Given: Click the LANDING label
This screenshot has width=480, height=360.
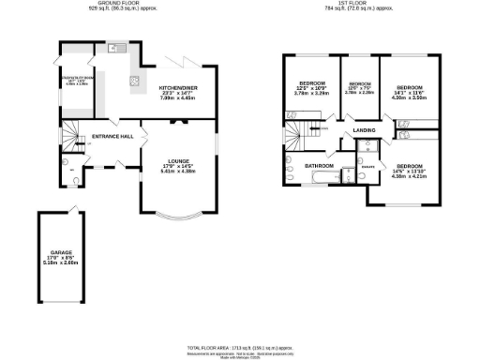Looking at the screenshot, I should [x=366, y=131].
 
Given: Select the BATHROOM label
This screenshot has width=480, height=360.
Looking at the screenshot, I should [x=318, y=166].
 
